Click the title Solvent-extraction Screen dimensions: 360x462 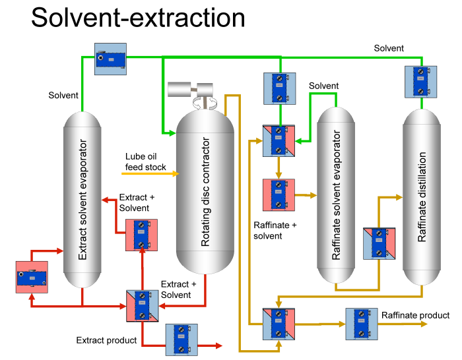pyautogui.click(x=138, y=17)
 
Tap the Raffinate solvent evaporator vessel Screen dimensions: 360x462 pyautogui.click(x=337, y=195)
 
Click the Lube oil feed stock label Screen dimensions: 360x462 pyautogui.click(x=146, y=162)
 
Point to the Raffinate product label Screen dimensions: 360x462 pyautogui.click(x=415, y=316)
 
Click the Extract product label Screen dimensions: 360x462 pyautogui.click(x=106, y=340)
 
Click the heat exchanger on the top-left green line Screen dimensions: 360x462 pyautogui.click(x=111, y=59)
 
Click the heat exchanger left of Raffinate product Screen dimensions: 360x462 pyautogui.click(x=362, y=324)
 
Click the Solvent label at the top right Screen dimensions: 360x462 pyautogui.click(x=389, y=48)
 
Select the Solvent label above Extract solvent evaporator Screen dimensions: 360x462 pyautogui.click(x=63, y=96)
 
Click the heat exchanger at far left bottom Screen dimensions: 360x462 pyautogui.click(x=32, y=276)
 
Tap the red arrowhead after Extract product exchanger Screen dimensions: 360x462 pyautogui.click(x=218, y=345)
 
